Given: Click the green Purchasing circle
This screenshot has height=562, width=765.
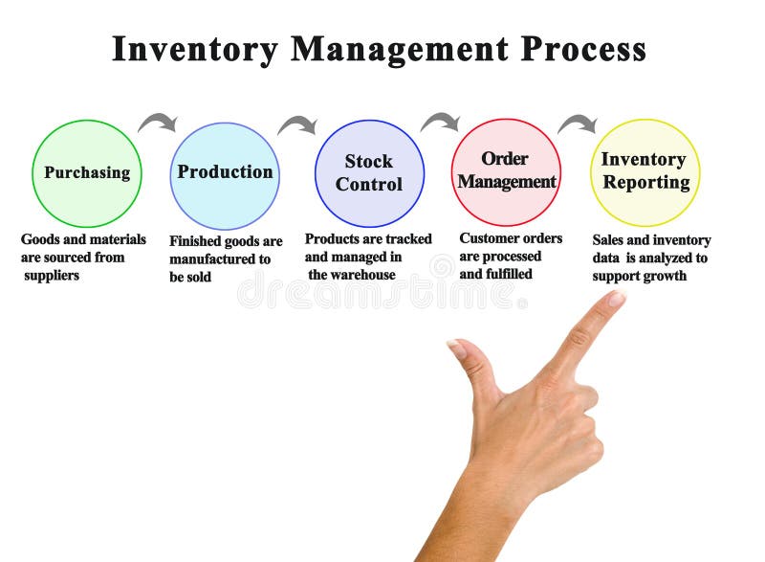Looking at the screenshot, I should [87, 173].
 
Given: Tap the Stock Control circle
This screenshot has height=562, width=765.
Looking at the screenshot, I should [369, 173].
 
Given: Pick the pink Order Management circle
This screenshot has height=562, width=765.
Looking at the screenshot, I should [506, 172].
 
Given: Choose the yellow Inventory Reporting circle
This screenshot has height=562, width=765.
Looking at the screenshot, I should [645, 172].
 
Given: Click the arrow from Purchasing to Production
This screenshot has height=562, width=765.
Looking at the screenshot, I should [158, 122].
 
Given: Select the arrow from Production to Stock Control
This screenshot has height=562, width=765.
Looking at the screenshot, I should [297, 124].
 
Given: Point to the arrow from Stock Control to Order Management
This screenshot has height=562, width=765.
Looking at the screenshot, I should [440, 122].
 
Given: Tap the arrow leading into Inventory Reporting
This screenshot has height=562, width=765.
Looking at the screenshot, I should [577, 123].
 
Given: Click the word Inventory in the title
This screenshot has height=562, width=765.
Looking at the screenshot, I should [195, 49].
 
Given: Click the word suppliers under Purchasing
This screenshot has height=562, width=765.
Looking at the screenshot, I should [53, 276].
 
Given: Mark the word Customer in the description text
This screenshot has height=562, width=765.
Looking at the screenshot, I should [487, 238].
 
